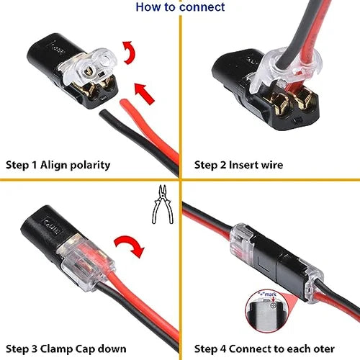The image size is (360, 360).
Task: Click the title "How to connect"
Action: tap(180, 7)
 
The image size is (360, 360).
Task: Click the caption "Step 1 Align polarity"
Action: tap(58, 165)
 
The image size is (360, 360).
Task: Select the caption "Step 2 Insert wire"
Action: tap(239, 165)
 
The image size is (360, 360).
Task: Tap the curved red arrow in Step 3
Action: tap(130, 246)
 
